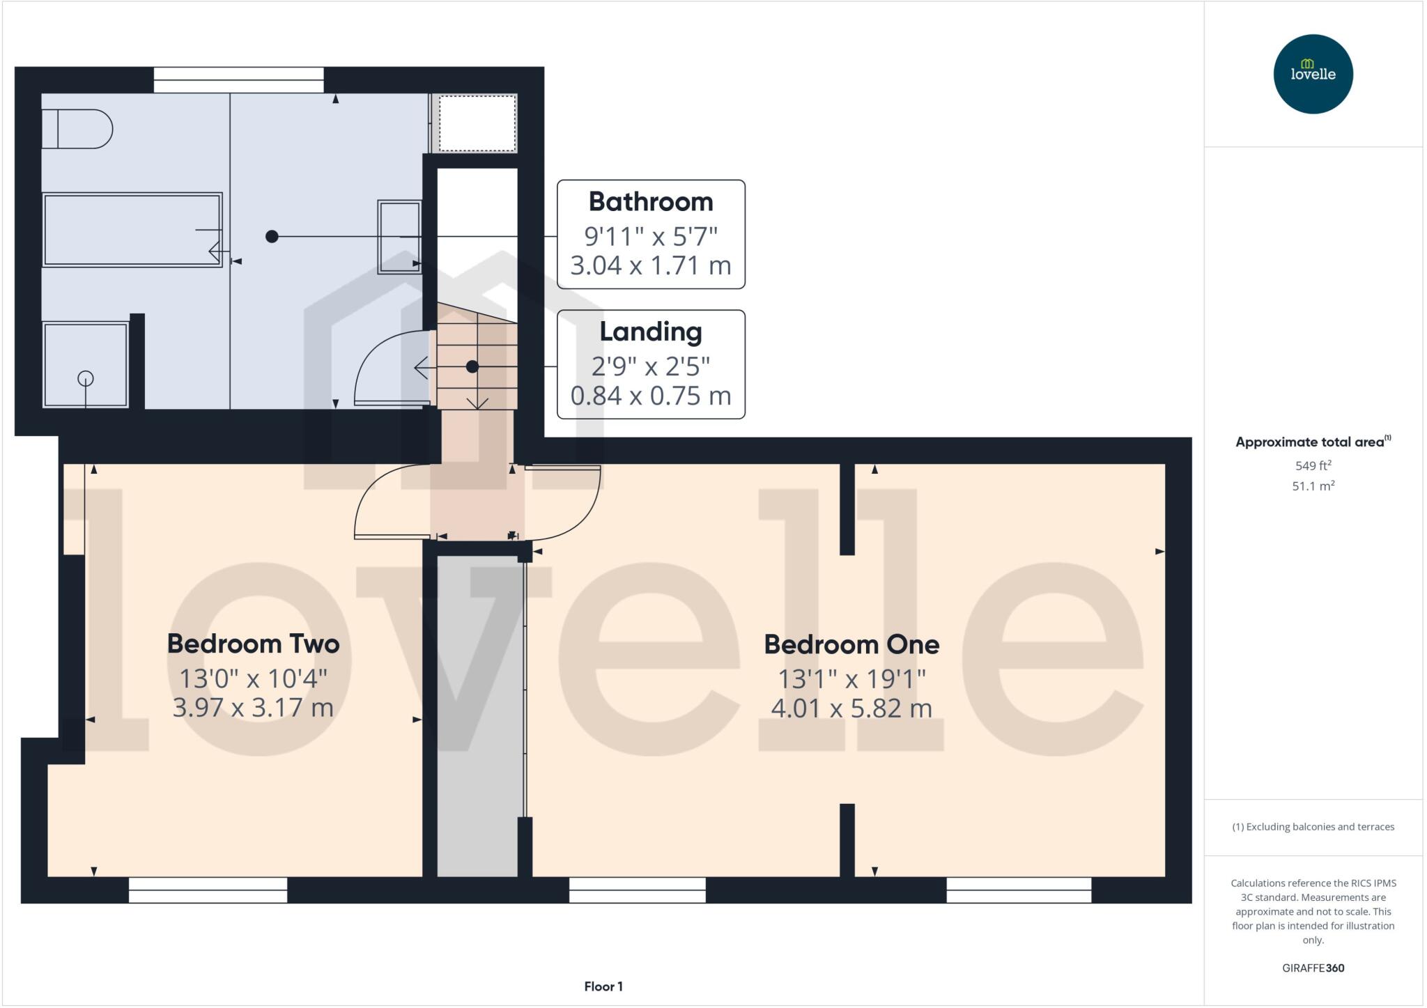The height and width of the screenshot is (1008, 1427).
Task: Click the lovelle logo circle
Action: click(1313, 74)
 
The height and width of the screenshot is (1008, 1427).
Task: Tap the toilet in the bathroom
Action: click(77, 129)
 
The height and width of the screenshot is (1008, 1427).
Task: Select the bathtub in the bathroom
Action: click(132, 230)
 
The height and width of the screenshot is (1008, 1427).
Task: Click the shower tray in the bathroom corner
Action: click(85, 364)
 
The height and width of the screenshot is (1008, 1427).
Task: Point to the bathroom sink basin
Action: click(399, 237)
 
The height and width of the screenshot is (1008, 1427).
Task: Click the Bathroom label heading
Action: click(651, 202)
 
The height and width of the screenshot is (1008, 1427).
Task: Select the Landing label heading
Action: click(651, 332)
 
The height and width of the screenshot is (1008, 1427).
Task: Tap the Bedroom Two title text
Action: click(253, 644)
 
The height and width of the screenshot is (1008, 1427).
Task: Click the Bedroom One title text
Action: click(851, 644)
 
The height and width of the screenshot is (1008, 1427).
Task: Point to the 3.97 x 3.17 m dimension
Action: click(253, 708)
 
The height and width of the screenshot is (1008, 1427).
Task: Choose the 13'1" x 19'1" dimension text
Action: click(851, 678)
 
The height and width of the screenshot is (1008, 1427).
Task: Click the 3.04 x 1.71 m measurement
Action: click(651, 265)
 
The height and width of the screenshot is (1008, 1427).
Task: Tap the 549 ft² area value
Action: click(1313, 465)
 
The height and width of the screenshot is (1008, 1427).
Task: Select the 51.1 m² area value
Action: click(1313, 486)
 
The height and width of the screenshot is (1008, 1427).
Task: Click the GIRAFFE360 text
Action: click(1313, 968)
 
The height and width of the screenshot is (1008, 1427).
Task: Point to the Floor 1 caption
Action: click(603, 986)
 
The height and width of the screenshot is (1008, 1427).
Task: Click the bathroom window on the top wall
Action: click(238, 79)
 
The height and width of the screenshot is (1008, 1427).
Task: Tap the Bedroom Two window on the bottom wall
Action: click(208, 890)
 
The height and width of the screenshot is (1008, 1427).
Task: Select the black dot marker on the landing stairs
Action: click(472, 366)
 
